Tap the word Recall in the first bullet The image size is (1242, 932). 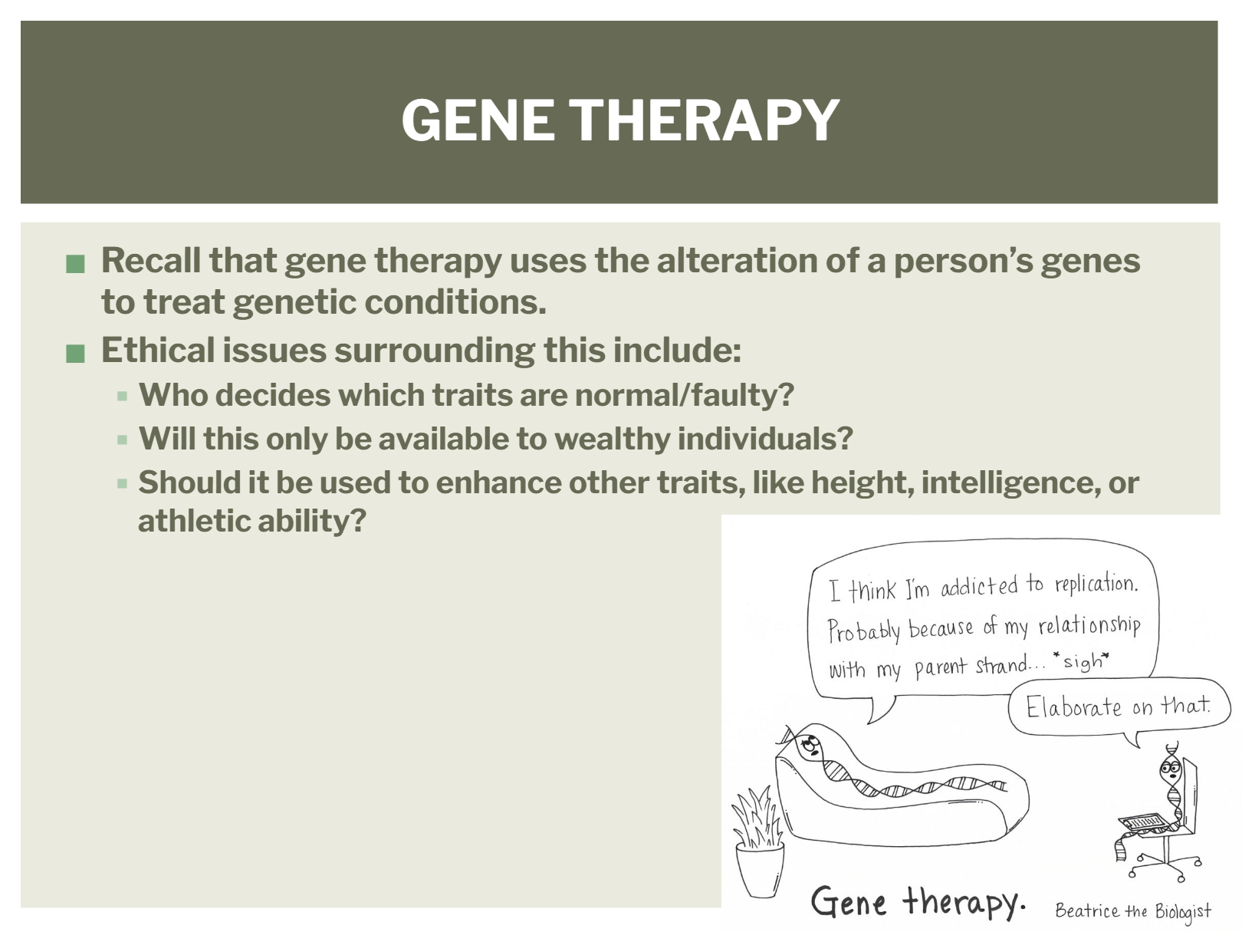pos(150,260)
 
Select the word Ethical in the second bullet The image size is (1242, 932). pos(157,350)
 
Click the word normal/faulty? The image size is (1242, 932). pos(685,394)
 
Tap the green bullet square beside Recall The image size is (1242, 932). pos(75,264)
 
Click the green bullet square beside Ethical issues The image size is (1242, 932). pos(75,353)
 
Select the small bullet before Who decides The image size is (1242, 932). pos(122,396)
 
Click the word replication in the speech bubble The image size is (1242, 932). pos(1096,584)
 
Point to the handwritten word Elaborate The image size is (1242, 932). pos(1073,707)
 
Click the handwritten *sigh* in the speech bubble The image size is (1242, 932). pos(1081,660)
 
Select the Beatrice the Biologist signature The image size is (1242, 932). pos(1133,911)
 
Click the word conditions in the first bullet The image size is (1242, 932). pos(455,301)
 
